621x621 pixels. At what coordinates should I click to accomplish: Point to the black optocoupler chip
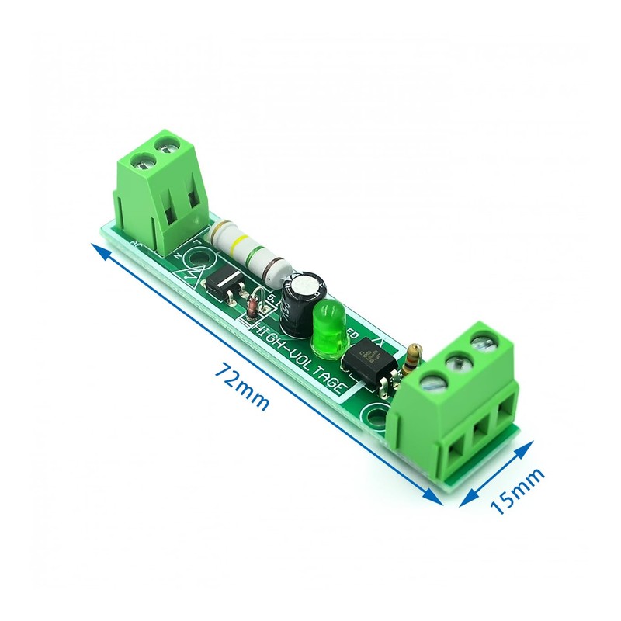tap(366, 361)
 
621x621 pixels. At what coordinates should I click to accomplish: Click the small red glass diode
tap(253, 308)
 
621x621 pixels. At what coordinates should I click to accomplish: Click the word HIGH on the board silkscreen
tap(272, 335)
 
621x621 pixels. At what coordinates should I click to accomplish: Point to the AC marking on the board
tap(137, 246)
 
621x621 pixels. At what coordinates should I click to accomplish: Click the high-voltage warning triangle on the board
tap(192, 274)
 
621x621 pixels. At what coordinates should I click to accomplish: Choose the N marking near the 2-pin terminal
tap(176, 255)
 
